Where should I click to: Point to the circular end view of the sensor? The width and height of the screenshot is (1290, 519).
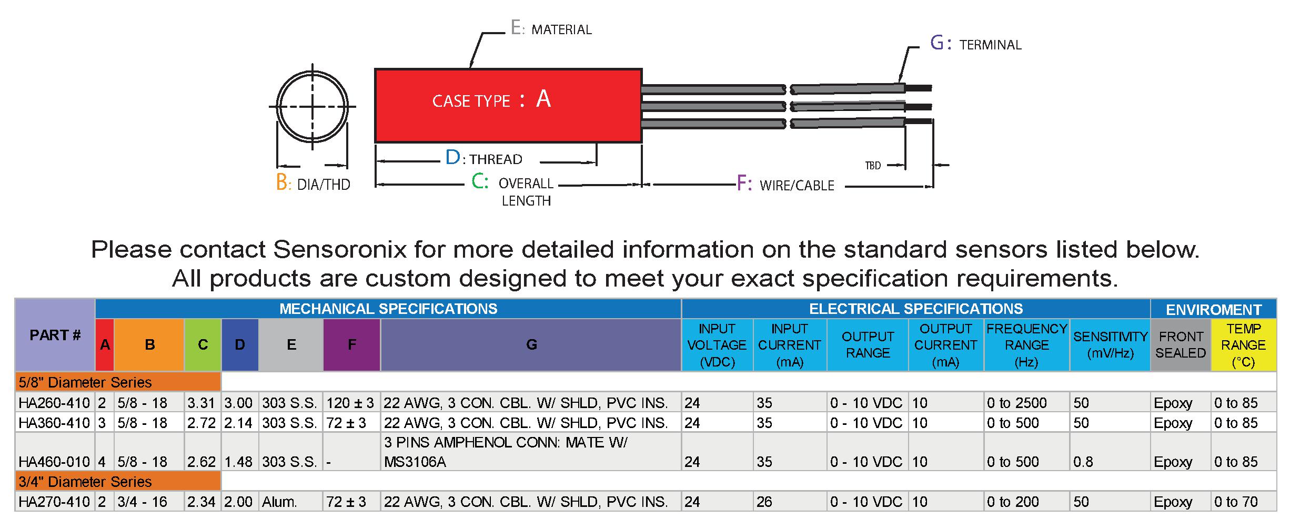[x=313, y=107]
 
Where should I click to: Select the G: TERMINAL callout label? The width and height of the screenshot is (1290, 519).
[x=976, y=44]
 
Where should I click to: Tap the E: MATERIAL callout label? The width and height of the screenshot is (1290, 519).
[x=551, y=28]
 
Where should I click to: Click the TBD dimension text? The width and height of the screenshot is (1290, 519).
[x=873, y=166]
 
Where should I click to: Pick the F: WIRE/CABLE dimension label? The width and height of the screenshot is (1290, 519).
[x=785, y=185]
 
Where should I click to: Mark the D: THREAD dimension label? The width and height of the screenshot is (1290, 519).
[x=483, y=158]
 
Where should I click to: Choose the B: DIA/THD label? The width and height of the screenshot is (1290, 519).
[x=313, y=184]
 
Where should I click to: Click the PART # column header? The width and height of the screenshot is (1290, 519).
[x=55, y=335]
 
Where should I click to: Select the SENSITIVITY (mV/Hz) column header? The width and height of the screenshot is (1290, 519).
[x=1110, y=344]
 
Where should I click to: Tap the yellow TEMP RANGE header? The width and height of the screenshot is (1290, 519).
[x=1243, y=344]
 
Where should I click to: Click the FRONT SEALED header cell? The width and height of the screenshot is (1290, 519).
[x=1180, y=344]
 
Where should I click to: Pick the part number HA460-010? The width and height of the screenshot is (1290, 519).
[x=54, y=462]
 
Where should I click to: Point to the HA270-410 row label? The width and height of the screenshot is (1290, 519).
[x=54, y=502]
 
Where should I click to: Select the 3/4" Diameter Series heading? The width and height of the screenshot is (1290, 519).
[x=85, y=482]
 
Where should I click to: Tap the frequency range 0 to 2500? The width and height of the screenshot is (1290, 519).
[x=1016, y=403]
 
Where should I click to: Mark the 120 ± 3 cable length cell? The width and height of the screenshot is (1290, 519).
[x=350, y=403]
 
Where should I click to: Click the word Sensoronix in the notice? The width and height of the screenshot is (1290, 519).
[x=340, y=249]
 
